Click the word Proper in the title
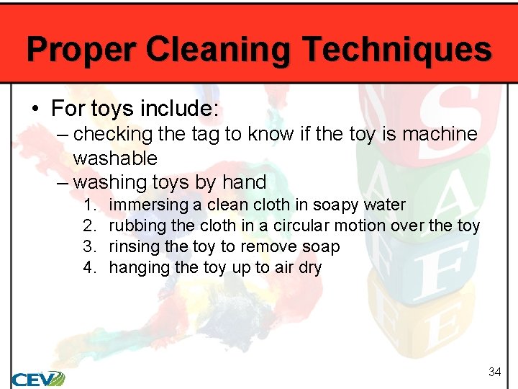click(81, 49)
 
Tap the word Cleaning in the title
click(219, 49)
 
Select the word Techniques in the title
click(398, 49)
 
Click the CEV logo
click(38, 378)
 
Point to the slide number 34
click(494, 372)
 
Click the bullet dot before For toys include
click(35, 109)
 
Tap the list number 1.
click(89, 205)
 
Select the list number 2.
click(89, 226)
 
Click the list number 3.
click(89, 247)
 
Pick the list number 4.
click(89, 268)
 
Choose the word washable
click(115, 158)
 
